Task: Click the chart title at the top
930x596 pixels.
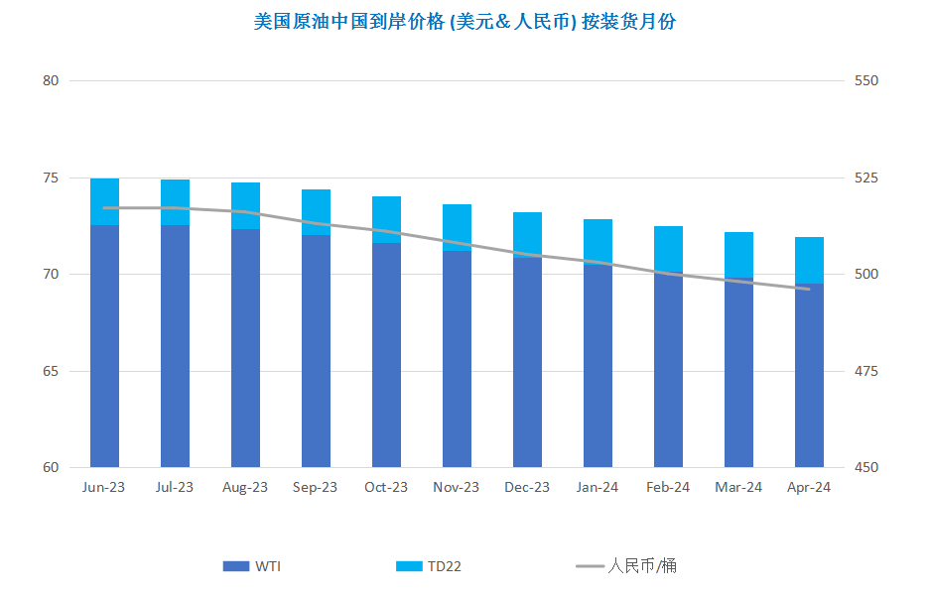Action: tap(465, 21)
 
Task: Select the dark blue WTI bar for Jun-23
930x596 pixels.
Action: tap(104, 347)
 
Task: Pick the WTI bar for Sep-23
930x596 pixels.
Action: tap(316, 352)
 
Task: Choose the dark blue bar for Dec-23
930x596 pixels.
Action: tap(527, 362)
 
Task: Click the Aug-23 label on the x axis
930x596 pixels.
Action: tap(245, 487)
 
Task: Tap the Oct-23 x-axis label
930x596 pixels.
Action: tap(386, 487)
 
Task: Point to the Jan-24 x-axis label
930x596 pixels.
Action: tap(598, 487)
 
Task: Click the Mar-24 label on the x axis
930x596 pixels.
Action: tap(738, 487)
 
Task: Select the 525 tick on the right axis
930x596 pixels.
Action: tap(866, 179)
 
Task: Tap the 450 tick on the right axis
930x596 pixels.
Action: tap(866, 468)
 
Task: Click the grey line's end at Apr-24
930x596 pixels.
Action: tap(809, 289)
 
